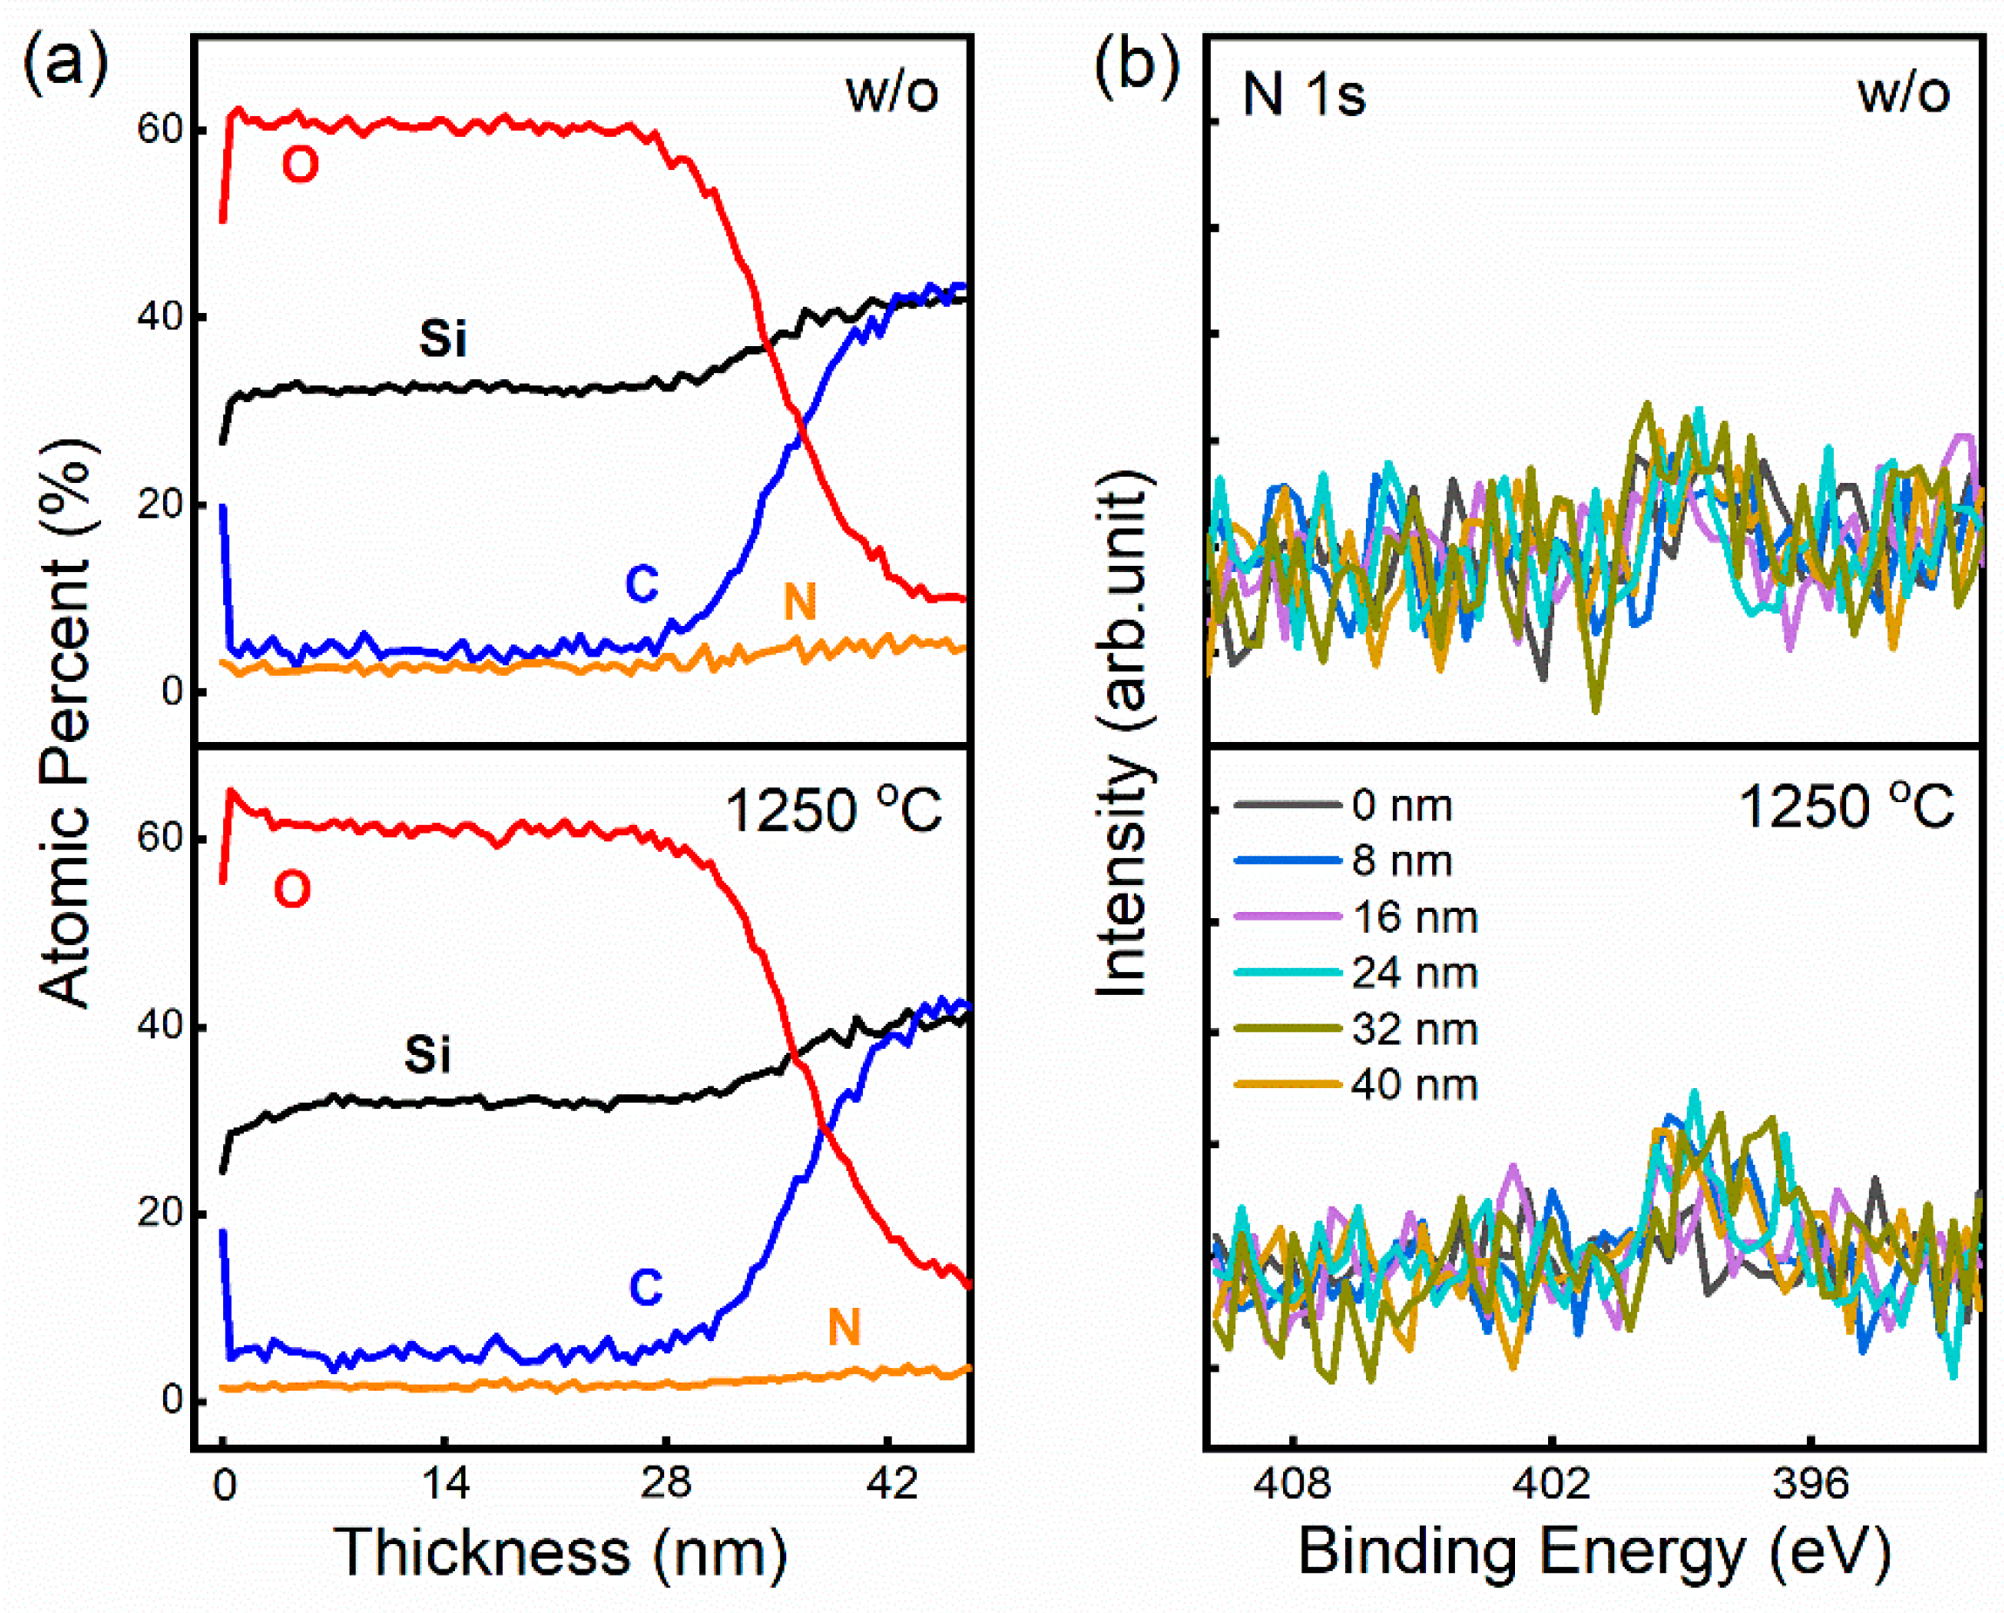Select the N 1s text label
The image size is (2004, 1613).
point(1304,95)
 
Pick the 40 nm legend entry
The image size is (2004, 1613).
point(1414,1085)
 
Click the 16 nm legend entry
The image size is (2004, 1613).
point(1414,917)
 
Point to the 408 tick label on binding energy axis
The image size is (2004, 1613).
point(1292,1483)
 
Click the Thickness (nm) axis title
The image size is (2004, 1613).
point(560,1553)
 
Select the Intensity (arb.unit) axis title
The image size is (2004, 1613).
point(1123,734)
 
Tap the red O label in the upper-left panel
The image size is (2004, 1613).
point(299,166)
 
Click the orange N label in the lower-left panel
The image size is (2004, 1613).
point(844,1327)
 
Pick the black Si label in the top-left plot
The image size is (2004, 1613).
point(443,337)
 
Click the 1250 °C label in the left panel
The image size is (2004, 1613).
point(832,811)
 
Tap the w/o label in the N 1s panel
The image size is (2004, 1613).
point(1903,93)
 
